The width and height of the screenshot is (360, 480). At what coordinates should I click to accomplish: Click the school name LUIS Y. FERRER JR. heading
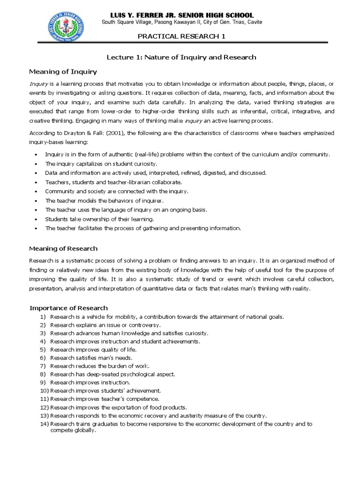[181, 15]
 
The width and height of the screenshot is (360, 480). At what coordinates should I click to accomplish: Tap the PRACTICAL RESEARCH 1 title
[181, 37]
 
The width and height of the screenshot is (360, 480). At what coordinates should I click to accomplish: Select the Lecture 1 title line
[181, 57]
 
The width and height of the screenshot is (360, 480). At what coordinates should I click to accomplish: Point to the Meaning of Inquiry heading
[63, 72]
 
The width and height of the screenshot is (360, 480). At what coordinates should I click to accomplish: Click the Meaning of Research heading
[63, 248]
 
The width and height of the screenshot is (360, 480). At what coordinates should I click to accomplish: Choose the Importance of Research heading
[68, 308]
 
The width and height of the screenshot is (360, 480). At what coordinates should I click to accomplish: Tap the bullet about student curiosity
[101, 164]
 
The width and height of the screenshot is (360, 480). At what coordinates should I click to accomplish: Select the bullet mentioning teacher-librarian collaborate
[113, 182]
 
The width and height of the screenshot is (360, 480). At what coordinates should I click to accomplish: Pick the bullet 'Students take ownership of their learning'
[99, 219]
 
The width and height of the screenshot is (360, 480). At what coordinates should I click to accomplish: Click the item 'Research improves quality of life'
[93, 349]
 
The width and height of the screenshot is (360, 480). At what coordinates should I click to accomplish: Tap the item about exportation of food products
[119, 407]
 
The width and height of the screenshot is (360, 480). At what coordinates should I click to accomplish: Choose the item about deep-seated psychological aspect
[112, 374]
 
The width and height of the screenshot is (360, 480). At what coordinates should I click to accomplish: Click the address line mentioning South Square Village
[182, 22]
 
